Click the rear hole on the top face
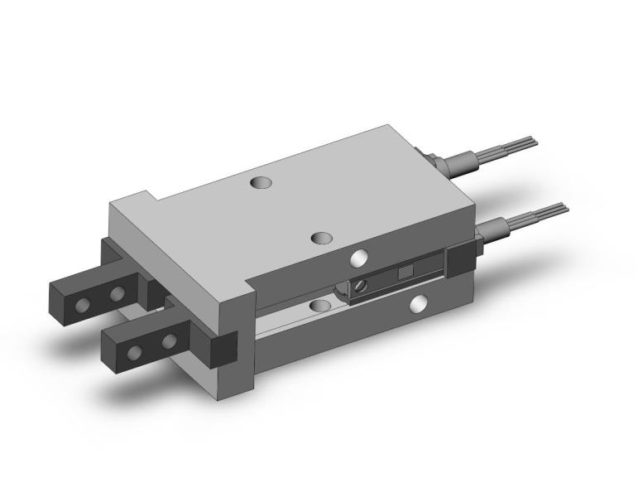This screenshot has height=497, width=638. (262, 181)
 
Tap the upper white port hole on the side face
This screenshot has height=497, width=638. (358, 258)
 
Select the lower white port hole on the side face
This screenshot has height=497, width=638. (420, 305)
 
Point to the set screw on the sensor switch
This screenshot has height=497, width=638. (361, 286)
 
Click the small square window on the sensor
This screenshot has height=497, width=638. (405, 273)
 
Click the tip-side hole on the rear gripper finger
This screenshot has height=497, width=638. (82, 306)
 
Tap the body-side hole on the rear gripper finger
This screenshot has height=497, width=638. (118, 292)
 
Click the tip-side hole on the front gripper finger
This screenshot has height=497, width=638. (134, 354)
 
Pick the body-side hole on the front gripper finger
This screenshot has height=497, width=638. (169, 340)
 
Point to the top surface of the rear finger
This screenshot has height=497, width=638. (91, 279)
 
